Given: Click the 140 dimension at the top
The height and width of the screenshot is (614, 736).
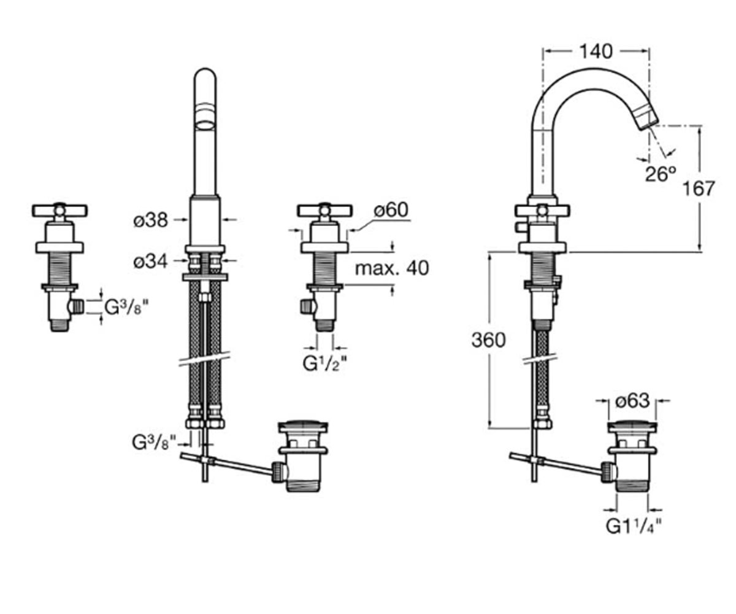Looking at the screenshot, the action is pos(596,52).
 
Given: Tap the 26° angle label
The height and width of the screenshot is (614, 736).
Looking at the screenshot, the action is pos(661,174).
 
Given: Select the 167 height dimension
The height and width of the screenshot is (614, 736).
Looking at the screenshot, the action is pos(699,188).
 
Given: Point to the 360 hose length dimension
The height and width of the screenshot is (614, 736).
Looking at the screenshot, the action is pos(489,340).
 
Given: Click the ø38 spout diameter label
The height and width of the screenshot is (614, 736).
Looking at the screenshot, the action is pos(151,220).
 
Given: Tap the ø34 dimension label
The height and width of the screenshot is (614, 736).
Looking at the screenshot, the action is pos(150,262).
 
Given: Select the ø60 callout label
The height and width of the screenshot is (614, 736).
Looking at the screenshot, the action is pos(391,210).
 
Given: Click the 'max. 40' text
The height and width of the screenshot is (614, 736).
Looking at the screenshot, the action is pos(392,268).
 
